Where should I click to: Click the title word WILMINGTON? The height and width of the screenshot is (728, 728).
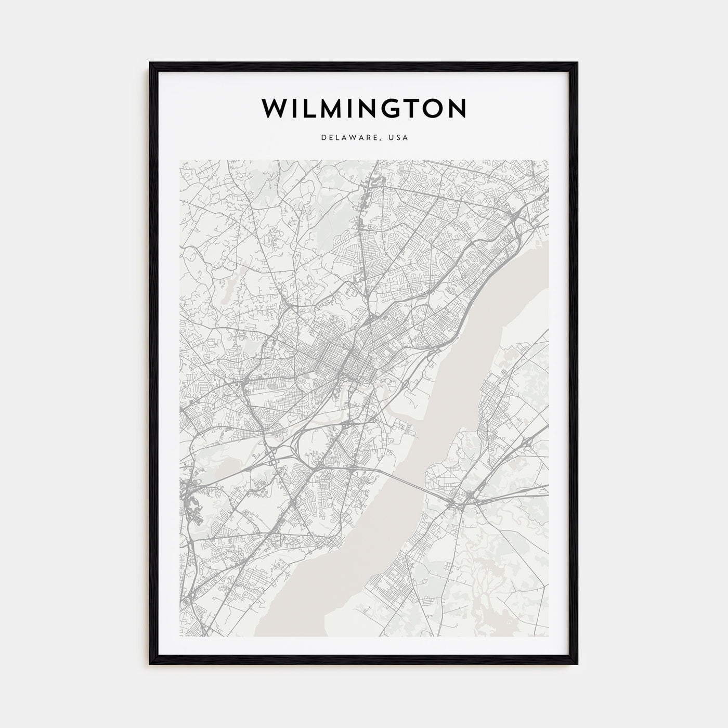point(364,108)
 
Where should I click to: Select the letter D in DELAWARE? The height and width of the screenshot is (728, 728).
point(323,138)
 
